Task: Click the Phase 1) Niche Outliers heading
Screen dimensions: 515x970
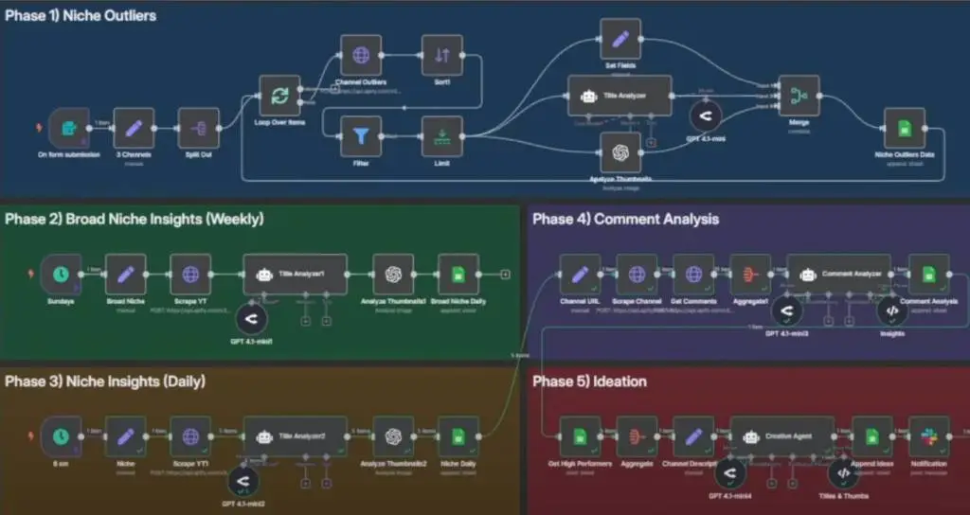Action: [x=81, y=16]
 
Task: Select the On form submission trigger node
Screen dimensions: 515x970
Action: [x=68, y=128]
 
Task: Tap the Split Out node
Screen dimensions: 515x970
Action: [x=199, y=128]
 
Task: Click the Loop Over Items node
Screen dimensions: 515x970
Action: [x=280, y=96]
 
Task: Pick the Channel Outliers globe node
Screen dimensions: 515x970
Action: [x=360, y=56]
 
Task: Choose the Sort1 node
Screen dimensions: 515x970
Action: [x=441, y=56]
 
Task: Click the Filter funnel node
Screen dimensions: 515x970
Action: [x=360, y=136]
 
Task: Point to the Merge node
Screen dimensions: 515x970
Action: [x=798, y=96]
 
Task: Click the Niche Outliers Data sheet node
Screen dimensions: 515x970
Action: [x=905, y=128]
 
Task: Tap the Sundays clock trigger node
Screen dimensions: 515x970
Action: [x=61, y=274]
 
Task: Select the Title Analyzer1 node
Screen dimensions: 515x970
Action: [x=296, y=274]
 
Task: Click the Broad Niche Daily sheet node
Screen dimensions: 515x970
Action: [x=458, y=274]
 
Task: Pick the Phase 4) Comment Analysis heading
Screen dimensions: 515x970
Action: [x=625, y=219]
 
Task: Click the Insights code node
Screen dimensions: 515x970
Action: [x=891, y=311]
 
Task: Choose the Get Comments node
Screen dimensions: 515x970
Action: [x=693, y=274]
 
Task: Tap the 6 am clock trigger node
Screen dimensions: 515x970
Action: [x=61, y=435]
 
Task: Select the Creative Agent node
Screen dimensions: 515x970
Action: [x=782, y=435]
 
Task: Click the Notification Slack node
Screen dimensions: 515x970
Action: [x=929, y=435]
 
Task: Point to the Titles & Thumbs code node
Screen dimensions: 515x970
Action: [x=843, y=472]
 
